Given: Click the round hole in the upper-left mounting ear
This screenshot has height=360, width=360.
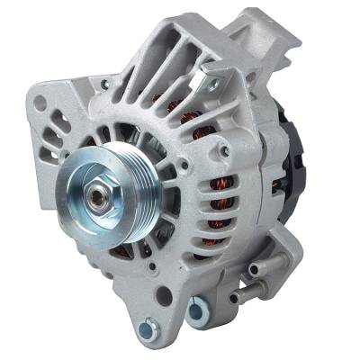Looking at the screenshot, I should click(x=39, y=103).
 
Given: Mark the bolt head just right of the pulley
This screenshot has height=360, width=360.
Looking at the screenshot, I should click(x=184, y=166).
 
